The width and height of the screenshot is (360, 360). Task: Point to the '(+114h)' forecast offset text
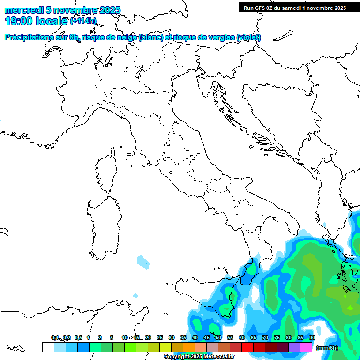pyautogui.click(x=83, y=21)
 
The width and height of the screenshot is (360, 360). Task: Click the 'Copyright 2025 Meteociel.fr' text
pyautogui.click(x=199, y=357)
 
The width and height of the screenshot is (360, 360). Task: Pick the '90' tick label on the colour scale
pyautogui.click(x=312, y=337)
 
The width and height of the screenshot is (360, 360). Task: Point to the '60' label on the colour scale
pyautogui.click(x=242, y=337)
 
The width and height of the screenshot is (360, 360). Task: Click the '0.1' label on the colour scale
pyautogui.click(x=55, y=337)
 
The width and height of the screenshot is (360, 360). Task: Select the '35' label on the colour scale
pyautogui.click(x=183, y=337)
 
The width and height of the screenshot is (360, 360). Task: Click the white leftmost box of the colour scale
pyautogui.click(x=48, y=347)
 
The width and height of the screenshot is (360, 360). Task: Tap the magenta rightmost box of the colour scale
pyautogui.click(x=306, y=347)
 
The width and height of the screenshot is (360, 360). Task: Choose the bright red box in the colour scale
pyautogui.click(x=247, y=347)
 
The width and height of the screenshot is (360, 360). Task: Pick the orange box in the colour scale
pyautogui.click(x=189, y=347)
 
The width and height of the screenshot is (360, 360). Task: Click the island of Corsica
pyautogui.click(x=106, y=171)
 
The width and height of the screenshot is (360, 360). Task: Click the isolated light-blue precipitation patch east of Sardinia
pyautogui.click(x=142, y=261)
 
